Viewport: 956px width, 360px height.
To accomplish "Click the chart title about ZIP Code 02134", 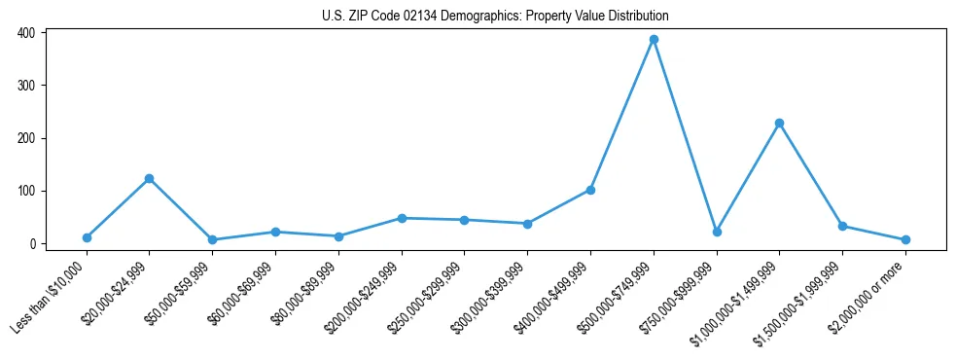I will (495, 17).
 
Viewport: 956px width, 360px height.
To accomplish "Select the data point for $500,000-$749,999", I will (654, 40).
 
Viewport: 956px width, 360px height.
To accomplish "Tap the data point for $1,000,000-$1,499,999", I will (779, 124).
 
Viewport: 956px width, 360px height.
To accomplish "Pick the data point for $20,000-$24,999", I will (149, 179).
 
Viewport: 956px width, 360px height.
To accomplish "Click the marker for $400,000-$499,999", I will (590, 190).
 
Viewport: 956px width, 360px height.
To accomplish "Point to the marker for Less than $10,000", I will (87, 237).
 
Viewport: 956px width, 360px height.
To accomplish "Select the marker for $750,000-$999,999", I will (717, 232).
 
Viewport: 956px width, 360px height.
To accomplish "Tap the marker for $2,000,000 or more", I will (905, 239).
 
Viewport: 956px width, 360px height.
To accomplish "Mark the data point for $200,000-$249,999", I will (402, 218).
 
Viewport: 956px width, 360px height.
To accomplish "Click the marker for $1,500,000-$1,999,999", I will (842, 226).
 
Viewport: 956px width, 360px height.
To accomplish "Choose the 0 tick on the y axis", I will (32, 244).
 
